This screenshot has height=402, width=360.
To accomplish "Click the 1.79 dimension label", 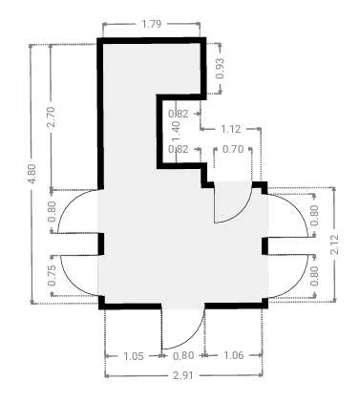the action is [151, 24].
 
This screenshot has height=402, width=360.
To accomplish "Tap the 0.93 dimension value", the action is [220, 69].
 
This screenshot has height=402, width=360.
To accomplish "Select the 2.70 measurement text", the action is [51, 117].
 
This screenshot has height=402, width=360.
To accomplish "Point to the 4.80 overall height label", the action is [32, 174].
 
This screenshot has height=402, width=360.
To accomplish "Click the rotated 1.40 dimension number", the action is [176, 131].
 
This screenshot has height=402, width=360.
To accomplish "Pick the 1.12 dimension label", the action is [230, 129].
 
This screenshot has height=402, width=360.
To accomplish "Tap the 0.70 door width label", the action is [233, 149].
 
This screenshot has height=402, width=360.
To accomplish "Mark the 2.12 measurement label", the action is [334, 244].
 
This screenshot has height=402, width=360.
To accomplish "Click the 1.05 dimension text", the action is [133, 356].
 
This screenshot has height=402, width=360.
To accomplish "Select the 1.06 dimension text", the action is [234, 355].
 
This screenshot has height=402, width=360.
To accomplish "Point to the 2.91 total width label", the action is [183, 375].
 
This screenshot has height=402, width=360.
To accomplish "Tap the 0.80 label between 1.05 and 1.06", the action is [183, 355].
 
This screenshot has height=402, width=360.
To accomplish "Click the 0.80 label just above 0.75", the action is [52, 212].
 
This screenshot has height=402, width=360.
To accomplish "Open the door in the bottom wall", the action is [183, 328].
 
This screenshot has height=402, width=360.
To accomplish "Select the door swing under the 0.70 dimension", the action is [233, 201].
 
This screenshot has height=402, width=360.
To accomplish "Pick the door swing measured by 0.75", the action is [78, 276].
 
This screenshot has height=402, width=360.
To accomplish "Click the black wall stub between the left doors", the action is [100, 244].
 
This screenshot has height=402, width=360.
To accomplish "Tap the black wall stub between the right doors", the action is [265, 246].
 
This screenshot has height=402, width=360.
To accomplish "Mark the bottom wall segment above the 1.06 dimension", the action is [236, 306].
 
